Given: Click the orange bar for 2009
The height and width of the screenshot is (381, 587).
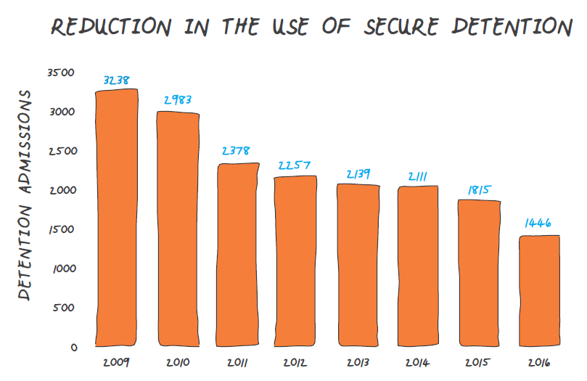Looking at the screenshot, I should click(x=117, y=218).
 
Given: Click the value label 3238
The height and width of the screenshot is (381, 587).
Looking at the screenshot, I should click(x=117, y=81).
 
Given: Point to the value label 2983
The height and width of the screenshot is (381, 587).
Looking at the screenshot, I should click(x=177, y=101).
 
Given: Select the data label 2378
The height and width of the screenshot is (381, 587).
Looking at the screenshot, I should click(x=237, y=152).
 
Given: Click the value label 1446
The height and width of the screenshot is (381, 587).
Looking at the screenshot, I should click(x=538, y=223).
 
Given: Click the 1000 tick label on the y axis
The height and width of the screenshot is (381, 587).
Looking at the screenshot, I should click(x=63, y=269).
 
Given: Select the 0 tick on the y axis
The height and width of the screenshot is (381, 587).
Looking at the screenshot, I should click(x=73, y=347).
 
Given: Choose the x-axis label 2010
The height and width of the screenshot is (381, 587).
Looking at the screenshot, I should click(x=178, y=361).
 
